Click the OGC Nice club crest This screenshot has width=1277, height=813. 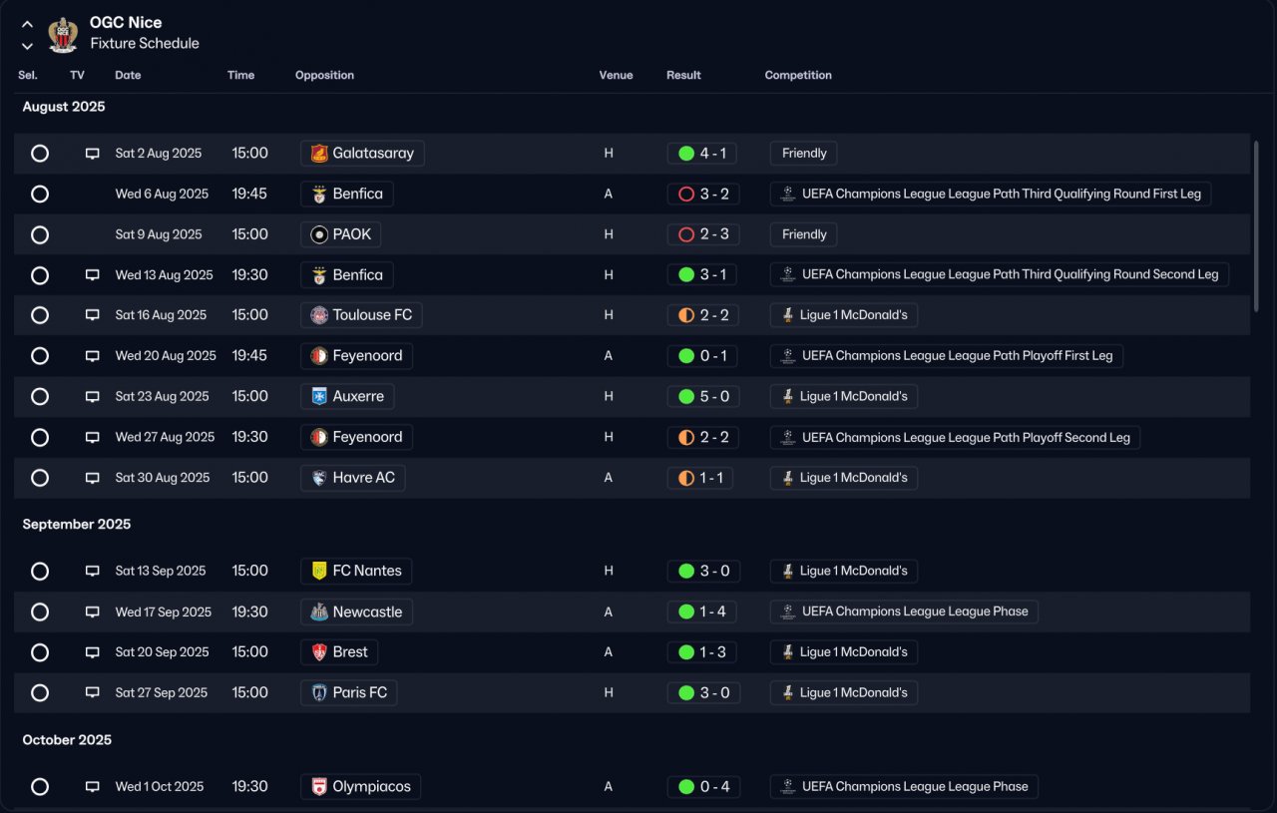point(63,34)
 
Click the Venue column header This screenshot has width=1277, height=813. point(616,75)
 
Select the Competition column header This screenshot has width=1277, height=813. point(798,75)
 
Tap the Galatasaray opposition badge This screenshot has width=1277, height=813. point(319,154)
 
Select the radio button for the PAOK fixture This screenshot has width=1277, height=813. point(40,234)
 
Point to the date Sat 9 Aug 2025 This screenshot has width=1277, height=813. point(159,234)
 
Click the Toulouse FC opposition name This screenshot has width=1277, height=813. point(372,315)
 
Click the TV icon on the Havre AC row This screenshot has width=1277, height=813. point(93,478)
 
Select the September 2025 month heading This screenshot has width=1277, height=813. point(77,524)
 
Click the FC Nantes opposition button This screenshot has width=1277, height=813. point(356,571)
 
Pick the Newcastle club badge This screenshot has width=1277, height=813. point(319,611)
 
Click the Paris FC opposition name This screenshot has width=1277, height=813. point(360,692)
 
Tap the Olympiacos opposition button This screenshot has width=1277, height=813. point(361,787)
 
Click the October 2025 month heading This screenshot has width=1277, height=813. point(67,740)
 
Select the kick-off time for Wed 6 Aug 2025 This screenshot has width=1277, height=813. point(249,194)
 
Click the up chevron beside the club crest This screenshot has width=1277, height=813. point(27,25)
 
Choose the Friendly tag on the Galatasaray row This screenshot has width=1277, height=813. point(804,154)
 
